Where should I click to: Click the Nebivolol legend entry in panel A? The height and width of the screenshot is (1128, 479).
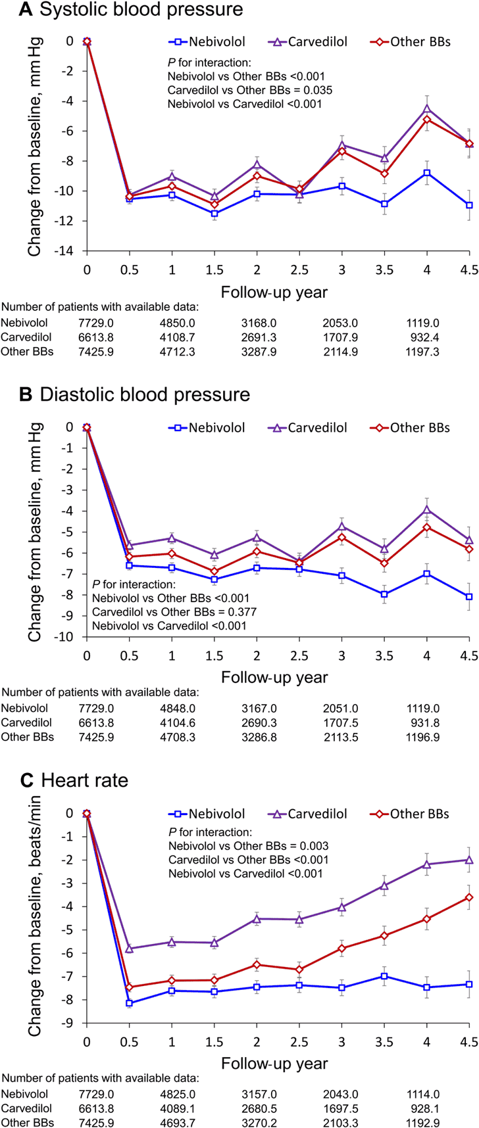pos(207,42)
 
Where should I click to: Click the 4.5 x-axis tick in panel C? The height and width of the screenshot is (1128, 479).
pos(470,1043)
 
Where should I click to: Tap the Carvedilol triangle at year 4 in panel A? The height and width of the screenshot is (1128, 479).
pos(427,108)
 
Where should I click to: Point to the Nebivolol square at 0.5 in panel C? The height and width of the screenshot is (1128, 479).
pos(129,1003)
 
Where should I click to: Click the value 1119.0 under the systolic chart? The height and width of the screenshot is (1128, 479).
pos(422,323)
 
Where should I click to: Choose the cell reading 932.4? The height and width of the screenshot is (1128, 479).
pos(424,337)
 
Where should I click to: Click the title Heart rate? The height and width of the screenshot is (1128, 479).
pos(84,781)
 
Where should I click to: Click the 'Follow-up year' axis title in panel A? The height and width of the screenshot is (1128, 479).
pos(274,291)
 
